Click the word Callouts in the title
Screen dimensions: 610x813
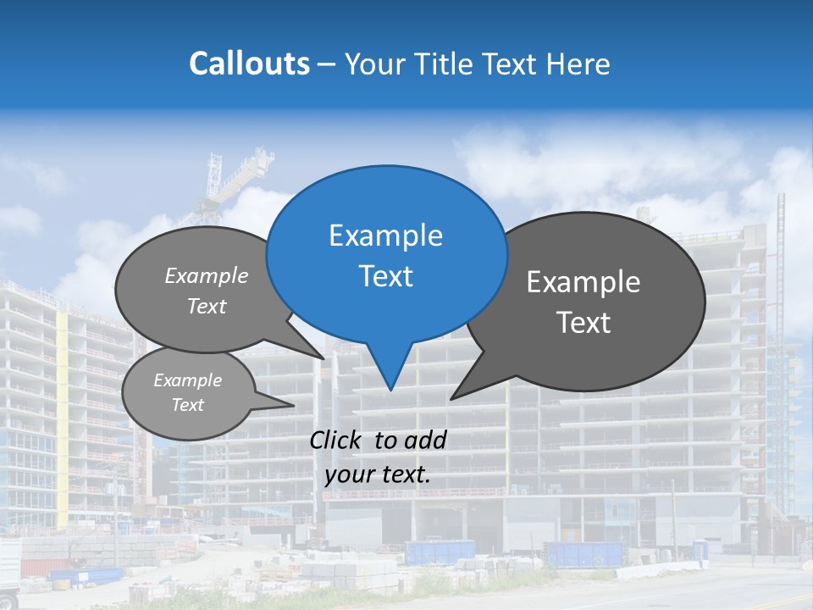pos(249,64)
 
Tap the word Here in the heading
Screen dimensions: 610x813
pos(580,64)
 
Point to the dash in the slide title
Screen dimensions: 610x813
pos(327,64)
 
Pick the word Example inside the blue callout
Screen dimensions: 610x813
pos(385,236)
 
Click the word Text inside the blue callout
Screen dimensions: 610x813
pos(385,276)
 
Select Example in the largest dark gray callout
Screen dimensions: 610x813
pos(583,282)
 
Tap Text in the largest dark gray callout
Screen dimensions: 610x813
pos(583,323)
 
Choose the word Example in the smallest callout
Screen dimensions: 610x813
pos(187,380)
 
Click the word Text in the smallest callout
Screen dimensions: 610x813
pos(187,405)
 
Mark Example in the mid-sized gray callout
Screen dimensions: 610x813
pos(207,276)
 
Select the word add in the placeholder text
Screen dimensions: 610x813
pos(424,440)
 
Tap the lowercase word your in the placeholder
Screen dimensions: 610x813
pos(348,474)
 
